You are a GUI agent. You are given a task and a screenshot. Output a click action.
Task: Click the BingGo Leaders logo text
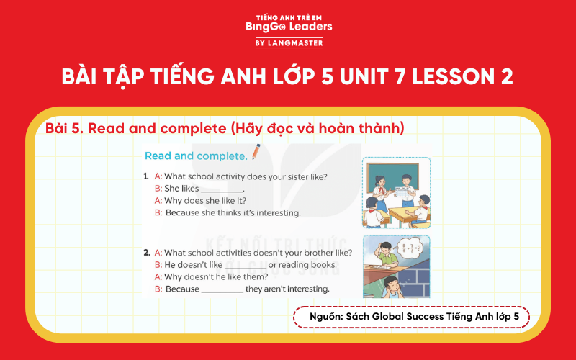click(x=288, y=26)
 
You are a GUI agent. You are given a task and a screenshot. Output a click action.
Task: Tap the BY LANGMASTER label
click(x=288, y=43)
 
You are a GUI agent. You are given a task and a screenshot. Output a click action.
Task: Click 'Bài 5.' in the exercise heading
click(x=62, y=128)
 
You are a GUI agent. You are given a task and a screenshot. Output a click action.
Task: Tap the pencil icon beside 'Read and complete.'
click(x=255, y=153)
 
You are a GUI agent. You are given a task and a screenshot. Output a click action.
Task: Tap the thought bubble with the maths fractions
click(x=413, y=249)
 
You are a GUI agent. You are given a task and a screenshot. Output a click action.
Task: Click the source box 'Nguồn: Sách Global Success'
click(x=411, y=318)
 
